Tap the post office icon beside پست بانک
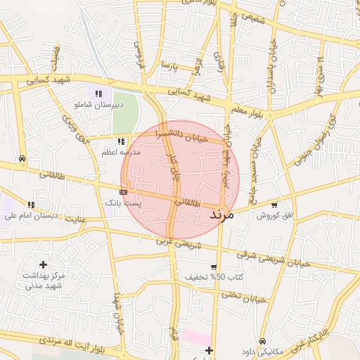pos(124,191)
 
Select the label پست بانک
pos(123,202)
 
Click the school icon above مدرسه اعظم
pos(121,141)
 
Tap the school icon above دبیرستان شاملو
pos(98,93)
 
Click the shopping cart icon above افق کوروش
pos(274,205)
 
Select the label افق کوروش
pos(273,214)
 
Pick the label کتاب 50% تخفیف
pos(214,277)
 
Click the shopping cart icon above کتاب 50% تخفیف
pos(214,266)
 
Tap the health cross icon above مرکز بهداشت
pos(44,264)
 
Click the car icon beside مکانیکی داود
pos(262,341)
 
